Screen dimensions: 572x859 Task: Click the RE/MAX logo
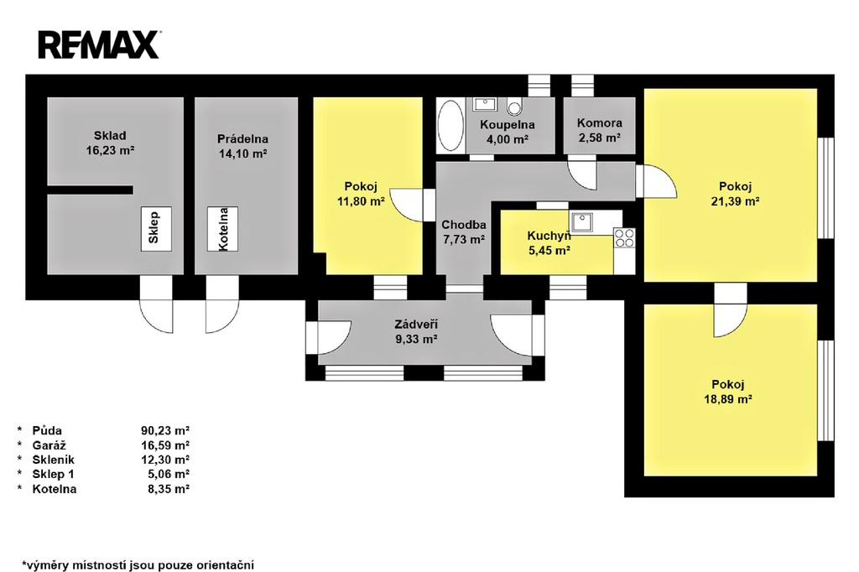98,44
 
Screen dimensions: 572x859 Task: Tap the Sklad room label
110,136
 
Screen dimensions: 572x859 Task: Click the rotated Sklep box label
154,228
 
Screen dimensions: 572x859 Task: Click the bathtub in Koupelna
451,126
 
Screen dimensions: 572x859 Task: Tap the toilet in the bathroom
515,107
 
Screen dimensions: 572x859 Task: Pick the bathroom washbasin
484,105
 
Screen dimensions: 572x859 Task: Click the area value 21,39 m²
735,202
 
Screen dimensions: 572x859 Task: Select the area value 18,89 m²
726,400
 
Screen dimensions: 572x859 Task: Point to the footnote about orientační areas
138,564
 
